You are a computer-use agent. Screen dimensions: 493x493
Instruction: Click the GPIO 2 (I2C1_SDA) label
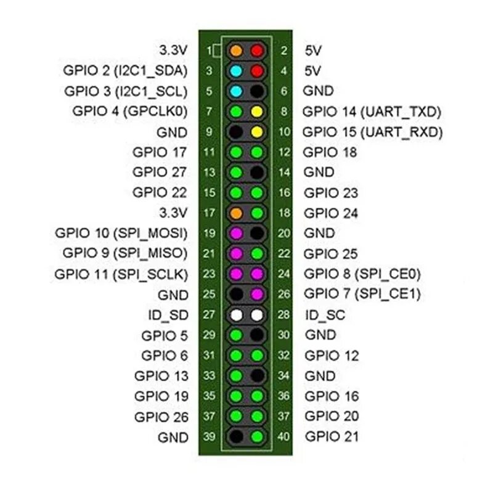click(125, 70)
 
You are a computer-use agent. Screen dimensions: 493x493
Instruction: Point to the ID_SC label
click(325, 315)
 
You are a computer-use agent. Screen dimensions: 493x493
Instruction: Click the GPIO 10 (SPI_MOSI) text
click(121, 233)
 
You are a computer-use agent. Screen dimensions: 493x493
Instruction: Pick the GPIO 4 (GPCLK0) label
click(129, 112)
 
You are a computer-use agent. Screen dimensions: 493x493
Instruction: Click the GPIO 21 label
click(332, 436)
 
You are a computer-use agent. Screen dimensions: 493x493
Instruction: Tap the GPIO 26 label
click(161, 417)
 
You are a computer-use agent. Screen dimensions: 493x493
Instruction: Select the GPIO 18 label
click(330, 152)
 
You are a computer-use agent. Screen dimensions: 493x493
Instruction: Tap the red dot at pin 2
click(257, 50)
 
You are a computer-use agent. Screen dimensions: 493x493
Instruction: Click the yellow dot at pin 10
click(257, 132)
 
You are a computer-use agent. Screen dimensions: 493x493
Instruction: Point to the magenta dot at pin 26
click(257, 294)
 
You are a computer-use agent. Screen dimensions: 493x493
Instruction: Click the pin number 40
click(283, 437)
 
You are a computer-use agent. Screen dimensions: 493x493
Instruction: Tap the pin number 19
click(210, 234)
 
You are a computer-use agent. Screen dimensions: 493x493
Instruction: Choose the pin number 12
click(283, 152)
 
